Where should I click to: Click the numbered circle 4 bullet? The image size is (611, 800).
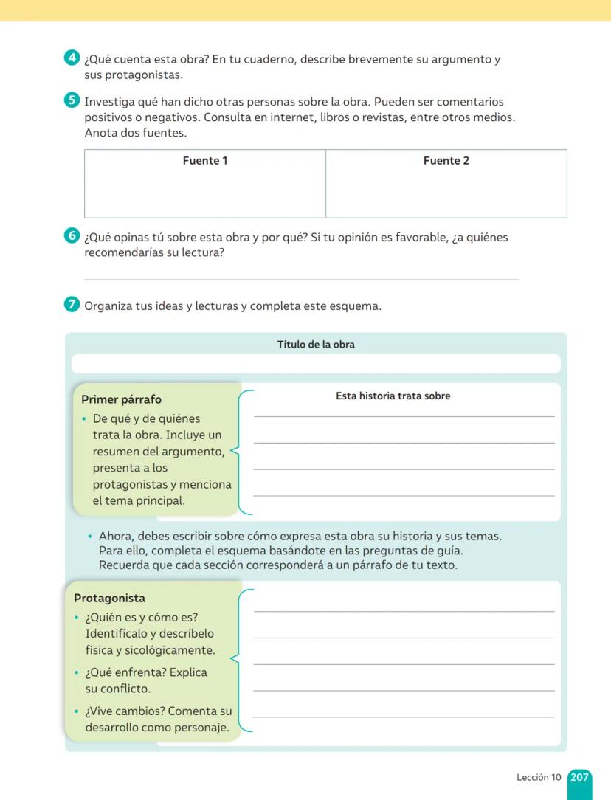pyautogui.click(x=72, y=58)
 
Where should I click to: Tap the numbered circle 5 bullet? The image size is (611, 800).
pyautogui.click(x=72, y=101)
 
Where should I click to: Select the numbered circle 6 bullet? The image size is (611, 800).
pyautogui.click(x=72, y=237)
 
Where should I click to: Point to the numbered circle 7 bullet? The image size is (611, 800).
pyautogui.click(x=72, y=305)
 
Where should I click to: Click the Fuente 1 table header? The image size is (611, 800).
pyautogui.click(x=205, y=161)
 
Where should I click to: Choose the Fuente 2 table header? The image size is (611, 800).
pyautogui.click(x=446, y=161)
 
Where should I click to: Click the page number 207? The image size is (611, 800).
pyautogui.click(x=580, y=777)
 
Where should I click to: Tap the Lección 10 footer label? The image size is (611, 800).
pyautogui.click(x=539, y=777)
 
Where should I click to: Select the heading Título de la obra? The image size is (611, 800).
pyautogui.click(x=316, y=345)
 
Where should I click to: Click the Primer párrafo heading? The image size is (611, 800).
pyautogui.click(x=121, y=399)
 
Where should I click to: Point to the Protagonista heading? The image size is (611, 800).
pyautogui.click(x=109, y=599)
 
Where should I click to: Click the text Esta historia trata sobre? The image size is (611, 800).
pyautogui.click(x=393, y=396)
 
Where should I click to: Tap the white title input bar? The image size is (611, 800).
pyautogui.click(x=316, y=364)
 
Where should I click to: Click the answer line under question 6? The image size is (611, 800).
pyautogui.click(x=302, y=279)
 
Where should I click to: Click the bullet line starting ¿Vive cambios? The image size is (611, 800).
pyautogui.click(x=158, y=711)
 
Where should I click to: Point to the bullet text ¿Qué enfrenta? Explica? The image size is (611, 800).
pyautogui.click(x=146, y=672)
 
